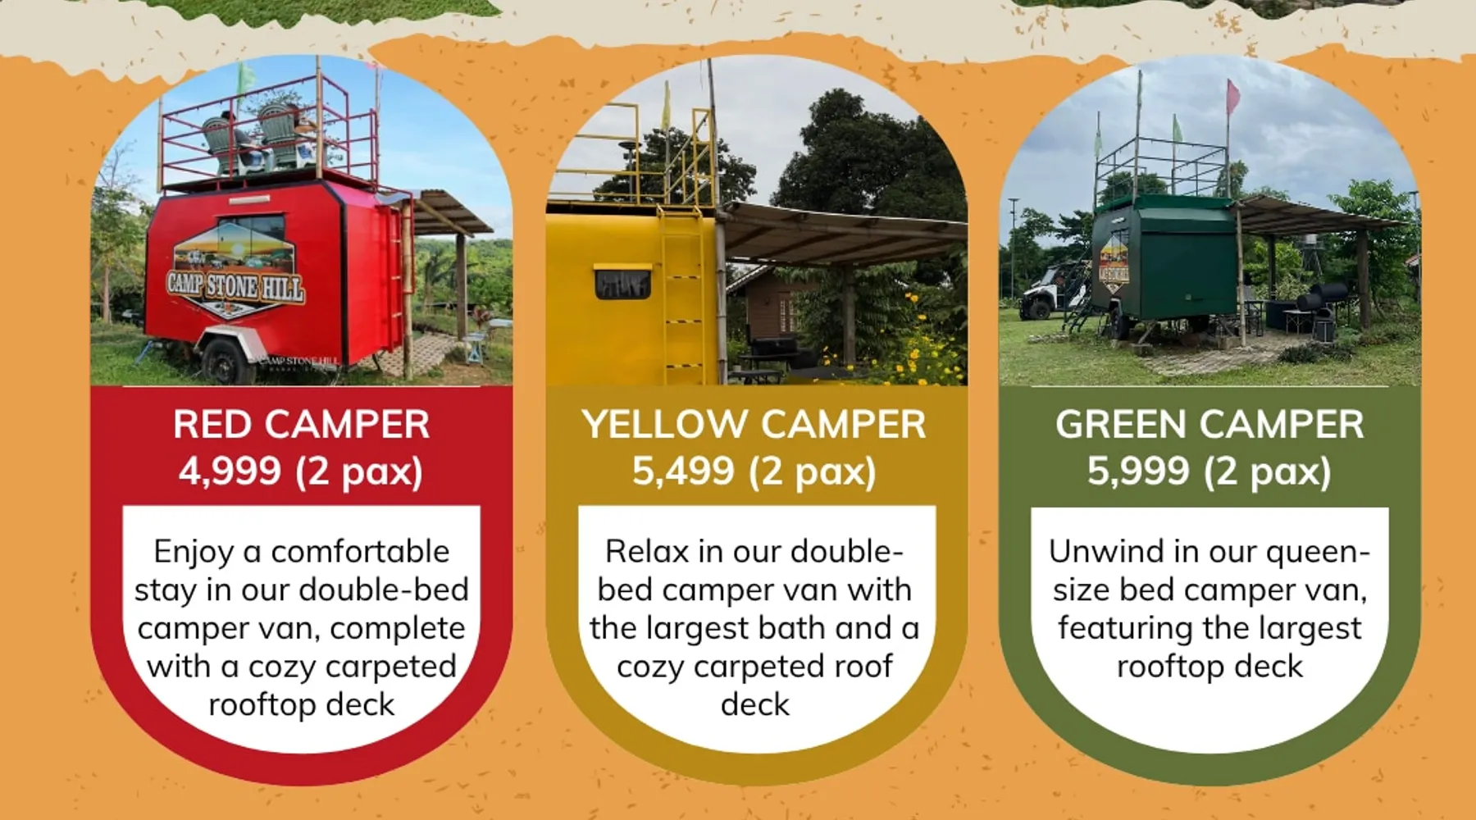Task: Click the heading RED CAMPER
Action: point(301,425)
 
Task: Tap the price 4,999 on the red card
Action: point(230,471)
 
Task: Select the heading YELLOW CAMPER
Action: point(754,425)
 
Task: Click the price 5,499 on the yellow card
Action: point(683,471)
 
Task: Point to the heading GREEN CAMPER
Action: point(1209,425)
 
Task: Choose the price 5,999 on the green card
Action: point(1138,471)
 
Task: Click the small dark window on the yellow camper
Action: point(622,283)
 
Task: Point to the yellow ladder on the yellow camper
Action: point(683,295)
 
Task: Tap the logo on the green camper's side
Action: point(1114,262)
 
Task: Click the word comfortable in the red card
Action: point(360,552)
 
